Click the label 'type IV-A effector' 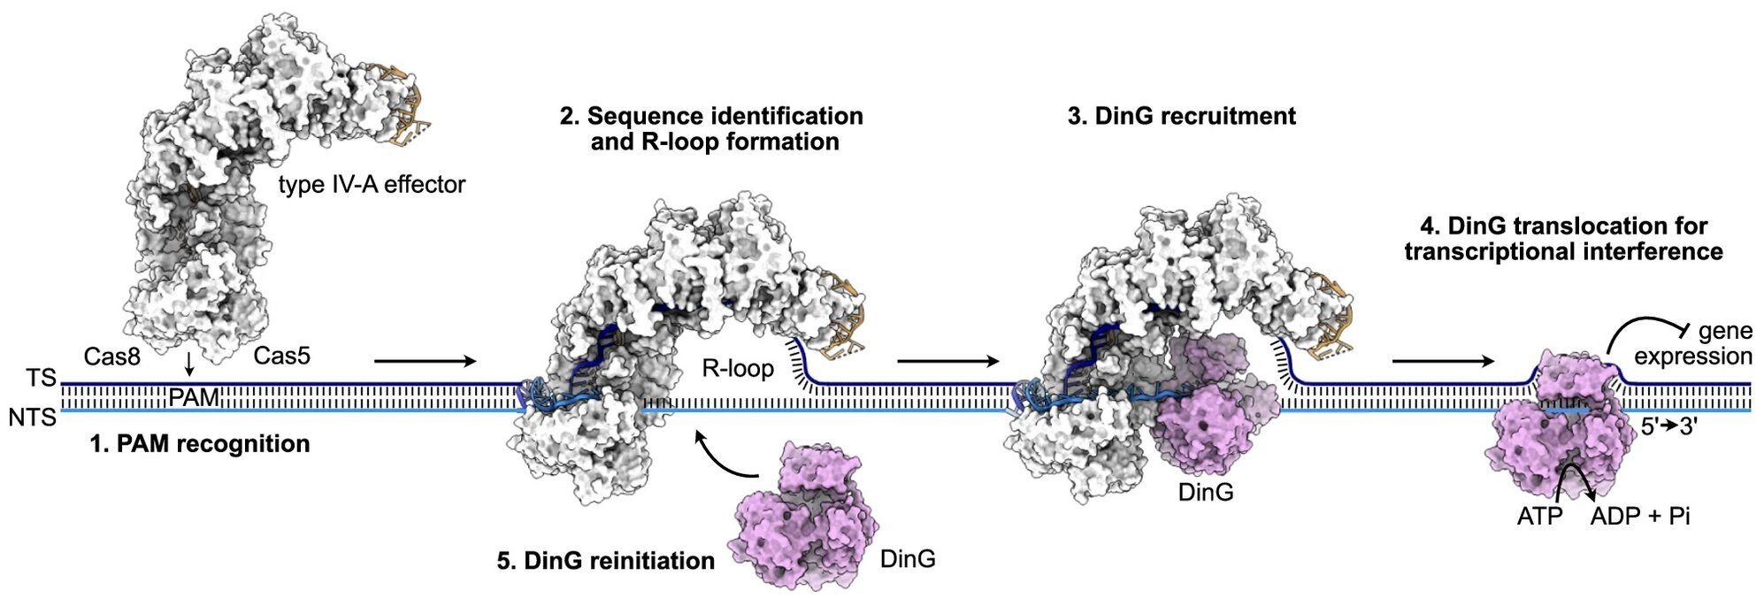372,185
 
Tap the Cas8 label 114,356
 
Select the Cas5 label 281,356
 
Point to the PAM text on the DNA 194,398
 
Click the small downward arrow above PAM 188,366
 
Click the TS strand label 41,379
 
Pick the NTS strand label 33,417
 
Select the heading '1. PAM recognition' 200,444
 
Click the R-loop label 738,368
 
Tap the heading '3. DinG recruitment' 1181,116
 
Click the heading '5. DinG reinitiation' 605,561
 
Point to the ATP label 1539,517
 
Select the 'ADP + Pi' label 1639,517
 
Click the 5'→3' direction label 1668,426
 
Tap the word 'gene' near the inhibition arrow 1724,331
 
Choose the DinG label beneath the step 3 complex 1205,492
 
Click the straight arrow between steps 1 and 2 425,361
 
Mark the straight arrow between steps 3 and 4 1442,361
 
